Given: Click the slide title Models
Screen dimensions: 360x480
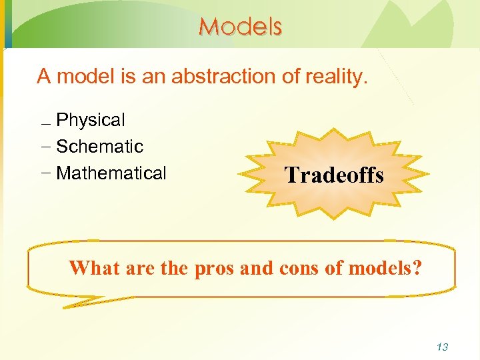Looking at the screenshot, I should click(x=240, y=27).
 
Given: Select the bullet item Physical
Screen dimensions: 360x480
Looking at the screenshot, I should click(x=91, y=121).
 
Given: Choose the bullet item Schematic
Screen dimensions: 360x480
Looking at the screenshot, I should click(x=100, y=147).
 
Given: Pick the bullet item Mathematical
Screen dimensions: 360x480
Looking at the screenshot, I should click(x=111, y=173).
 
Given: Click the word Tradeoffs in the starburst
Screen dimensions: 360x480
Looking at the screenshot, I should click(x=334, y=175).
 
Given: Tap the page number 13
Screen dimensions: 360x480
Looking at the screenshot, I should click(x=441, y=347).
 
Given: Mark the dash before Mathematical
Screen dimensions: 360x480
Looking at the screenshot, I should click(x=45, y=173).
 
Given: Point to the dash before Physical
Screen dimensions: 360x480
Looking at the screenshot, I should click(x=45, y=125).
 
